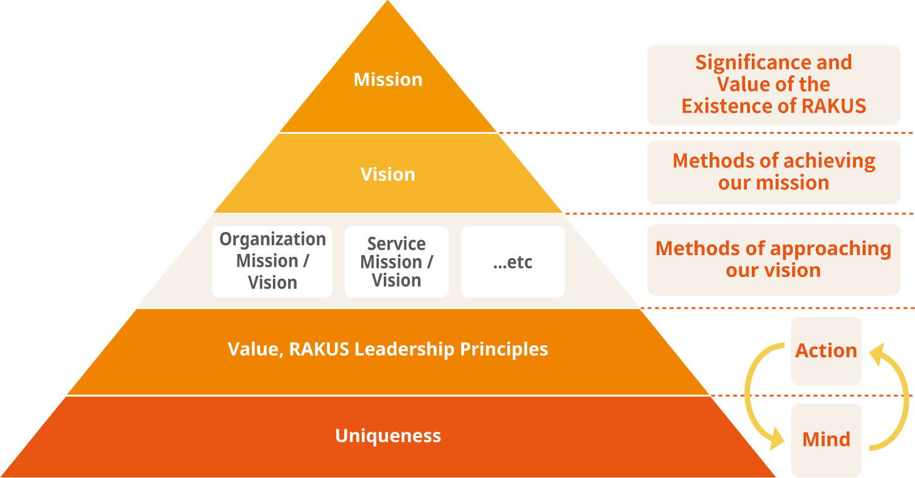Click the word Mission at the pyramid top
coord(388,80)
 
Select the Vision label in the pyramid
coord(388,175)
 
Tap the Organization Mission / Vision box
coord(272,261)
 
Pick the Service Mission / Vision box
coord(397,262)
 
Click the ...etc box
coord(512,262)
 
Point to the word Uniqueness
coord(388,436)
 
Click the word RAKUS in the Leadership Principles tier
coord(319,350)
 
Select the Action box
coord(826,351)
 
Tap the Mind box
coord(826,440)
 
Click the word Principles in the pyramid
coord(504,350)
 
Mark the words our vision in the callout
coord(773,270)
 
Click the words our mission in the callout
coord(774,183)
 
